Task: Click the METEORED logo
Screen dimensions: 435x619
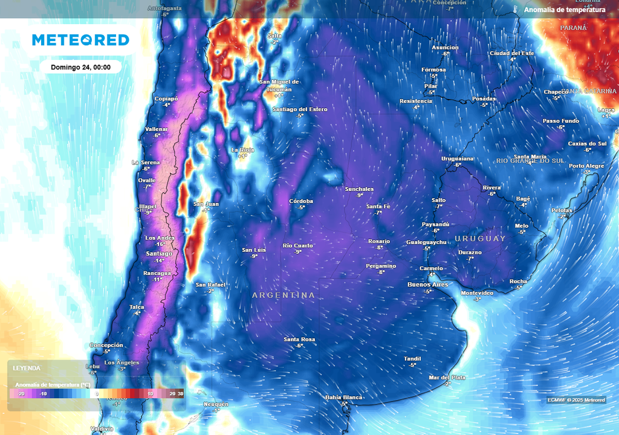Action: pyautogui.click(x=80, y=40)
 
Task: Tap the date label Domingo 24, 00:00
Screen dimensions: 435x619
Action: pyautogui.click(x=80, y=67)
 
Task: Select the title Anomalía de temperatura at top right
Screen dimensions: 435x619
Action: pyautogui.click(x=565, y=10)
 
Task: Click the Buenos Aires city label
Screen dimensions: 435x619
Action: pyautogui.click(x=427, y=284)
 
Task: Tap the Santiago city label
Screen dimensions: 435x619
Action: pyautogui.click(x=159, y=254)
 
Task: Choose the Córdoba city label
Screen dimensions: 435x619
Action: pyautogui.click(x=301, y=201)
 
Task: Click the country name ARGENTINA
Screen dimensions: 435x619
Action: pyautogui.click(x=284, y=295)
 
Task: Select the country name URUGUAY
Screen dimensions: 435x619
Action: pyautogui.click(x=481, y=239)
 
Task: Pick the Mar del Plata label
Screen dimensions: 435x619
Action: pyautogui.click(x=447, y=377)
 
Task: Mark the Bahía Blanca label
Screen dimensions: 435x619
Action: pyautogui.click(x=343, y=397)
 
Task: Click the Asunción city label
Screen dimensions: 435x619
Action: pyautogui.click(x=445, y=48)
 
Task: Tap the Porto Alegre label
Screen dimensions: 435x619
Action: pyautogui.click(x=586, y=166)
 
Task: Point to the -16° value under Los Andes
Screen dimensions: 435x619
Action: pyautogui.click(x=160, y=244)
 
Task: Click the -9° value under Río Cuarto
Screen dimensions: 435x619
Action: pyautogui.click(x=298, y=252)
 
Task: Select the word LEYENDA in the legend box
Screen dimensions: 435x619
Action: pyautogui.click(x=27, y=368)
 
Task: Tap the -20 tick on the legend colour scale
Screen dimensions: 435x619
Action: pyautogui.click(x=21, y=394)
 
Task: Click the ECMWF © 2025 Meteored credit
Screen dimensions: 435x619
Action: pyautogui.click(x=576, y=400)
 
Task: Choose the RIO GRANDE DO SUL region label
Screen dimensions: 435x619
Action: pyautogui.click(x=530, y=161)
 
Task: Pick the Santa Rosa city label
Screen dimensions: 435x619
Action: pyautogui.click(x=299, y=340)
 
